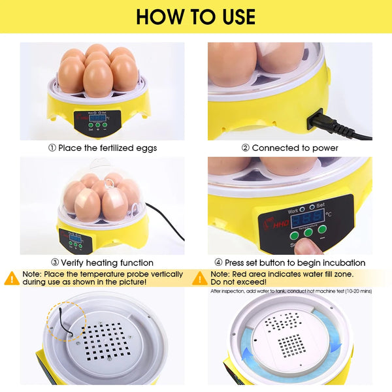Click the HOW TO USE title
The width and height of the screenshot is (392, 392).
coord(196,16)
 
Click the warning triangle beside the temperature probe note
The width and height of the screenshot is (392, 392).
coord(12,278)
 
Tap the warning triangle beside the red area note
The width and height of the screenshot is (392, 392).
coord(200,278)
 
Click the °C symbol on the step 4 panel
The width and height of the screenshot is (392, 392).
coord(329,214)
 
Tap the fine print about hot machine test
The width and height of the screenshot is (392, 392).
coord(291,291)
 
